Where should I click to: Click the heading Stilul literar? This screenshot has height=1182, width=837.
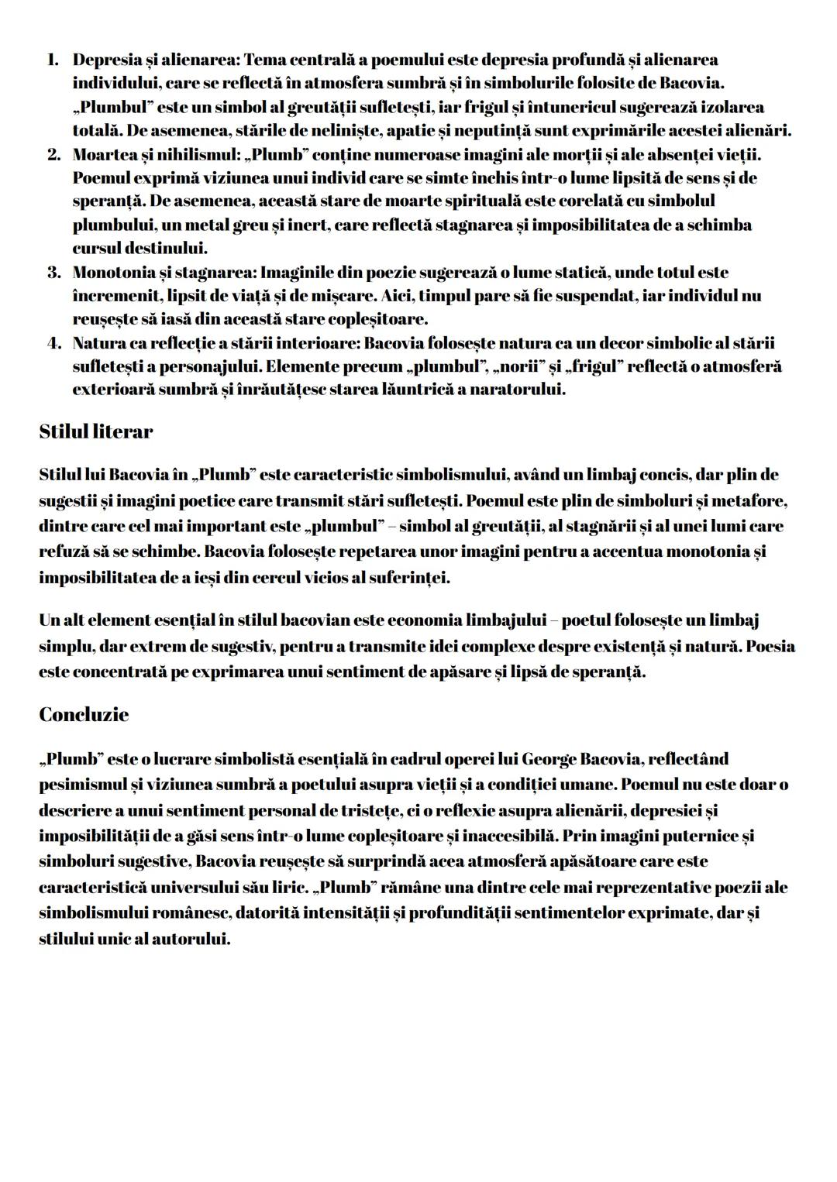point(95,432)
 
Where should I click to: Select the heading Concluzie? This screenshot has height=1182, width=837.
point(84,714)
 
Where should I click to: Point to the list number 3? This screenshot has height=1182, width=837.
point(53,273)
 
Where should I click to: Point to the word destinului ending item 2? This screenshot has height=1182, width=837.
point(170,249)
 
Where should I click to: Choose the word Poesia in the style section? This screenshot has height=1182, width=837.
point(770,646)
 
